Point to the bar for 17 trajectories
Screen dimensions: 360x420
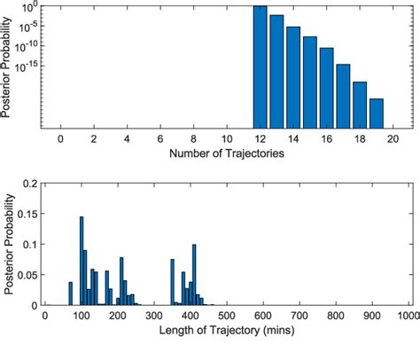(x=343, y=96)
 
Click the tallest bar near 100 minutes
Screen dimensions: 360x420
(x=82, y=261)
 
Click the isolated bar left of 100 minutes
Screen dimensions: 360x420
(x=70, y=293)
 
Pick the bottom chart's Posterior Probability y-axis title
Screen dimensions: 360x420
(x=8, y=244)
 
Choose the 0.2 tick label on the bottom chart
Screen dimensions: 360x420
(x=29, y=184)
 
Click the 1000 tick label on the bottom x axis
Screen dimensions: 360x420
(x=407, y=316)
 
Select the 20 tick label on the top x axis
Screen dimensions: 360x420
(x=393, y=140)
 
